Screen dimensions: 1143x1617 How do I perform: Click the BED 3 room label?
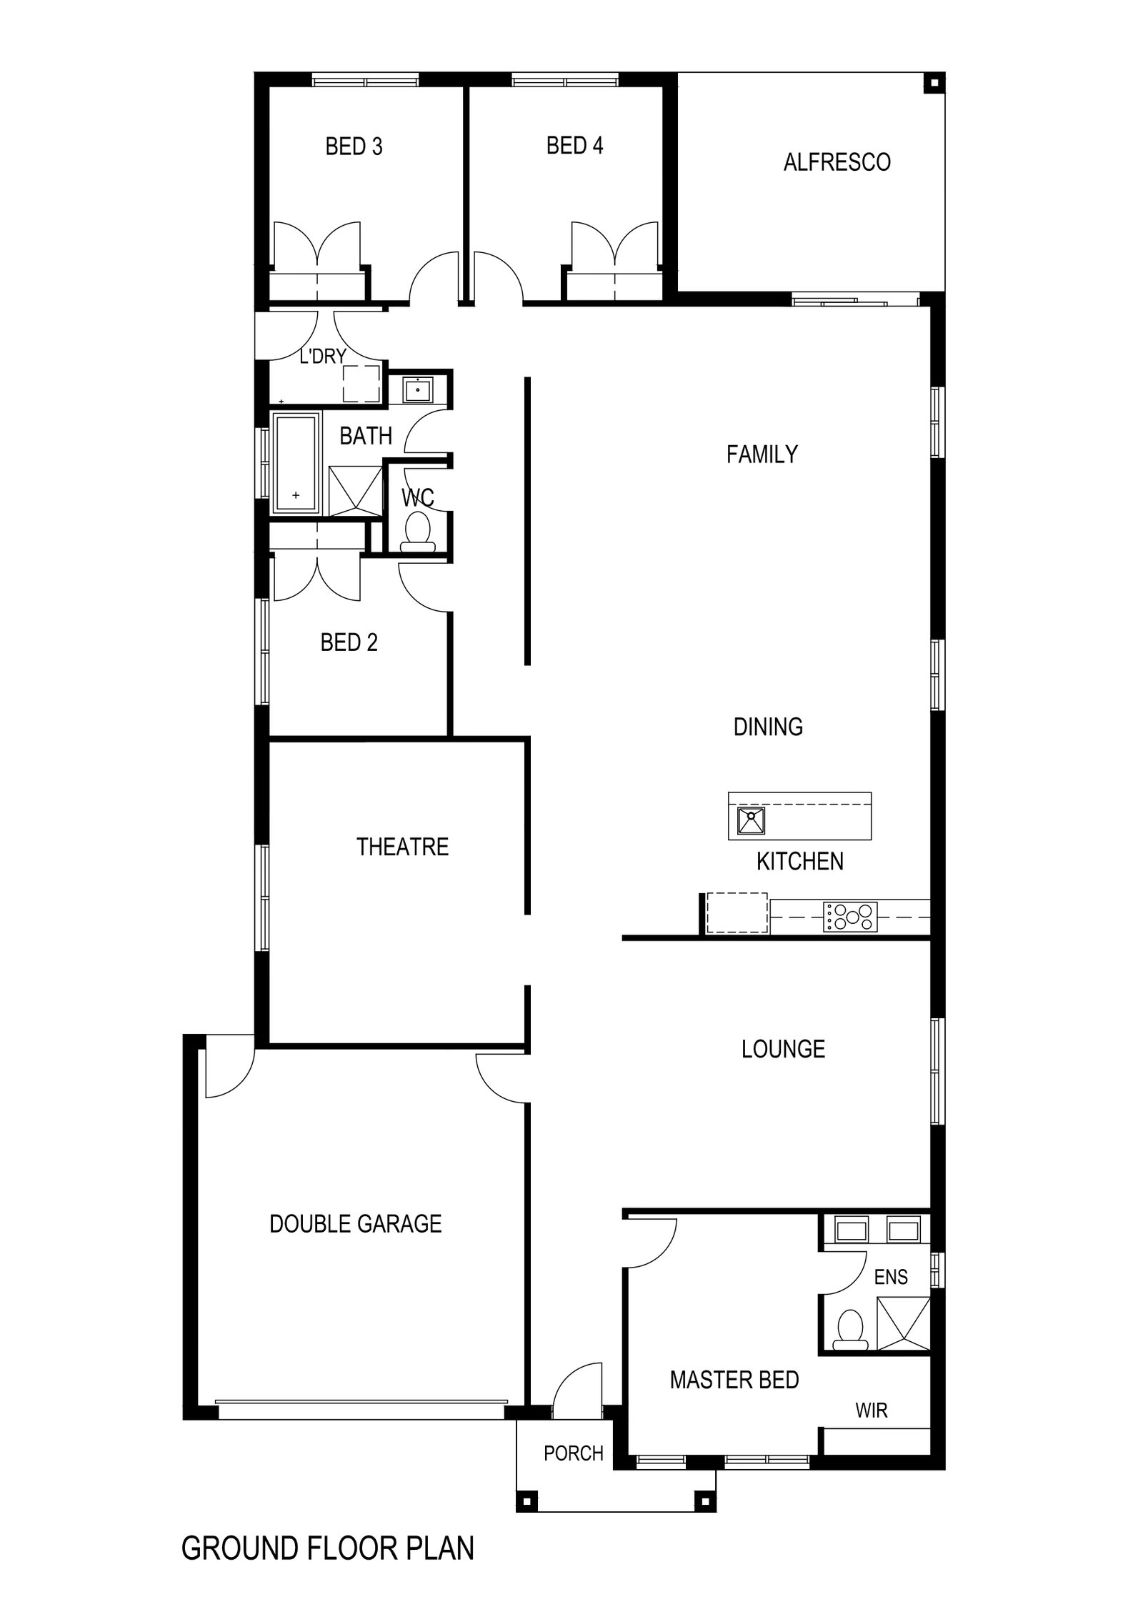pos(354,146)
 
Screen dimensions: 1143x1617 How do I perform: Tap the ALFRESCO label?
pos(837,162)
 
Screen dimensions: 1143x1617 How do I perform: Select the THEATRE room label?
pos(402,847)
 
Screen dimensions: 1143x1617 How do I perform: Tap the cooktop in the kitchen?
pos(849,917)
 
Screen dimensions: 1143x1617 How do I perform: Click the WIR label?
pos(871,1410)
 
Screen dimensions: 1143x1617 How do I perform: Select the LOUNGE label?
pos(783,1050)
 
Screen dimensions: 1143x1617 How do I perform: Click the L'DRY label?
pos(322,356)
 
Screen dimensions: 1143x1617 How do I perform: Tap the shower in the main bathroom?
pos(355,490)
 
